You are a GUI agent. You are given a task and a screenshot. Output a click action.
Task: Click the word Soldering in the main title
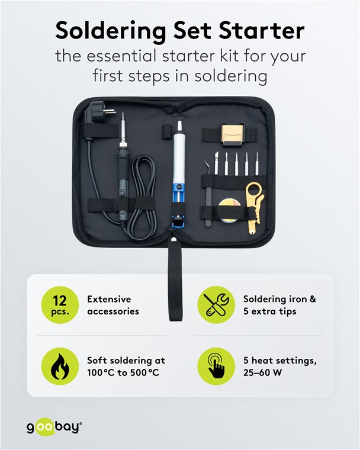111,31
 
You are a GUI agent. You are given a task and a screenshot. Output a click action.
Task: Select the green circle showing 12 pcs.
60,304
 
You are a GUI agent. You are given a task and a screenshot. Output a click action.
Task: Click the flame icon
60,366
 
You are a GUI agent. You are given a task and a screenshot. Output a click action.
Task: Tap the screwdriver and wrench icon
216,304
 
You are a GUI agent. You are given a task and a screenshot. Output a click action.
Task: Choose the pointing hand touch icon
216,366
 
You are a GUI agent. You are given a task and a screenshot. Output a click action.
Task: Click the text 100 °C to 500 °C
123,373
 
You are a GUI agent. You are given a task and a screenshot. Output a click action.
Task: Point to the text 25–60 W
262,372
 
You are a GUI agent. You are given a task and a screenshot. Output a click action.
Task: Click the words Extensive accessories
113,305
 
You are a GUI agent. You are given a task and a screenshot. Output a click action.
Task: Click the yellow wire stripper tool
255,207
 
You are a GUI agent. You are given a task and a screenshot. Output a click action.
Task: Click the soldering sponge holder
232,133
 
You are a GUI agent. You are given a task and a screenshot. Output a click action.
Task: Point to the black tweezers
208,193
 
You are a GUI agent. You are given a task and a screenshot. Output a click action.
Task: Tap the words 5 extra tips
270,311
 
